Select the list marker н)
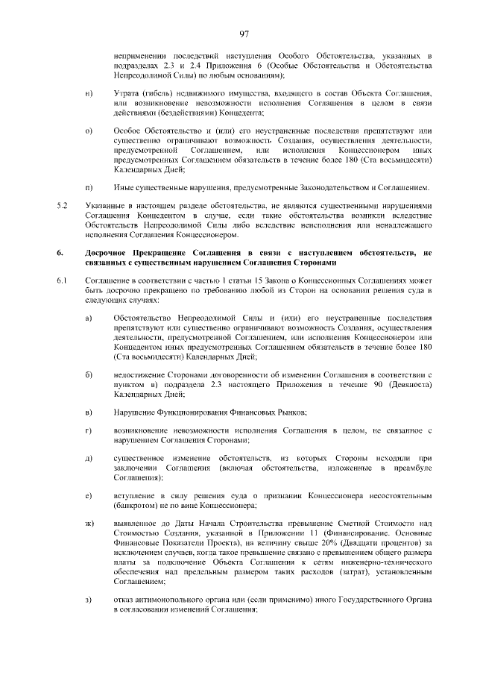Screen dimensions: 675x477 click(x=89, y=92)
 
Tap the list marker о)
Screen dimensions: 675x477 click(x=89, y=131)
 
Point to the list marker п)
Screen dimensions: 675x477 click(x=89, y=186)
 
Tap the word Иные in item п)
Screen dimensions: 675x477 click(x=124, y=186)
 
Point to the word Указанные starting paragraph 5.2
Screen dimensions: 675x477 click(x=107, y=206)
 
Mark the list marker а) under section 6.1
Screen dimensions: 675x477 click(x=89, y=318)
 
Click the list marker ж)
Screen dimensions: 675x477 click(x=89, y=524)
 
